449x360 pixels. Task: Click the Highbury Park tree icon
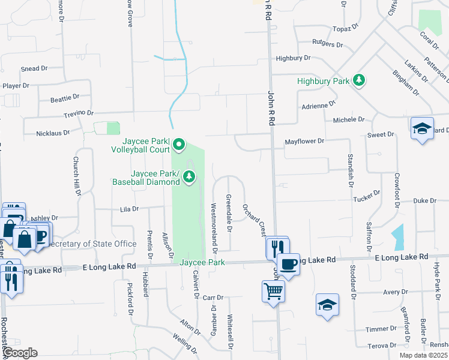(359, 80)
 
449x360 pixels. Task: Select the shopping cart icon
(273, 292)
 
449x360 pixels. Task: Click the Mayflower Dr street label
(304, 142)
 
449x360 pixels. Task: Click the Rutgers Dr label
(327, 44)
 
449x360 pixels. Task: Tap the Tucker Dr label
(367, 199)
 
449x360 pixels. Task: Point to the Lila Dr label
(129, 209)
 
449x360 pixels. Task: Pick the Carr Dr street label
(212, 297)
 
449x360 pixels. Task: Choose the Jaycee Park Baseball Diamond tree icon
(189, 176)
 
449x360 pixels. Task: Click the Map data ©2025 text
(423, 355)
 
